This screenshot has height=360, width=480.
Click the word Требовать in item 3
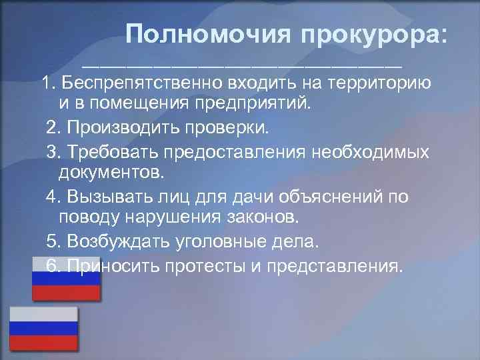click(107, 151)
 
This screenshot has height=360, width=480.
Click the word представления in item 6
click(334, 266)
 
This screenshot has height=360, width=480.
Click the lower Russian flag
click(43, 328)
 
